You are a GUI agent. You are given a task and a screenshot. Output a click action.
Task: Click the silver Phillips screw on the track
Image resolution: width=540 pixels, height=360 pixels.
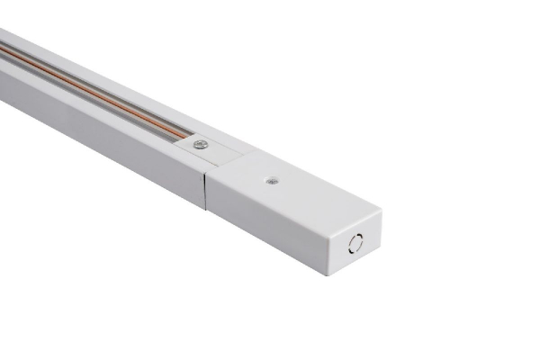pos(200,144)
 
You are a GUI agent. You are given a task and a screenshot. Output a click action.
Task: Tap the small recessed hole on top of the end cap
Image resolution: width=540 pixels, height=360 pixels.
pos(271,180)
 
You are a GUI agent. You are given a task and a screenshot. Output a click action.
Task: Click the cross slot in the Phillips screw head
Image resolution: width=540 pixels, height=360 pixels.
pos(200,144)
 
